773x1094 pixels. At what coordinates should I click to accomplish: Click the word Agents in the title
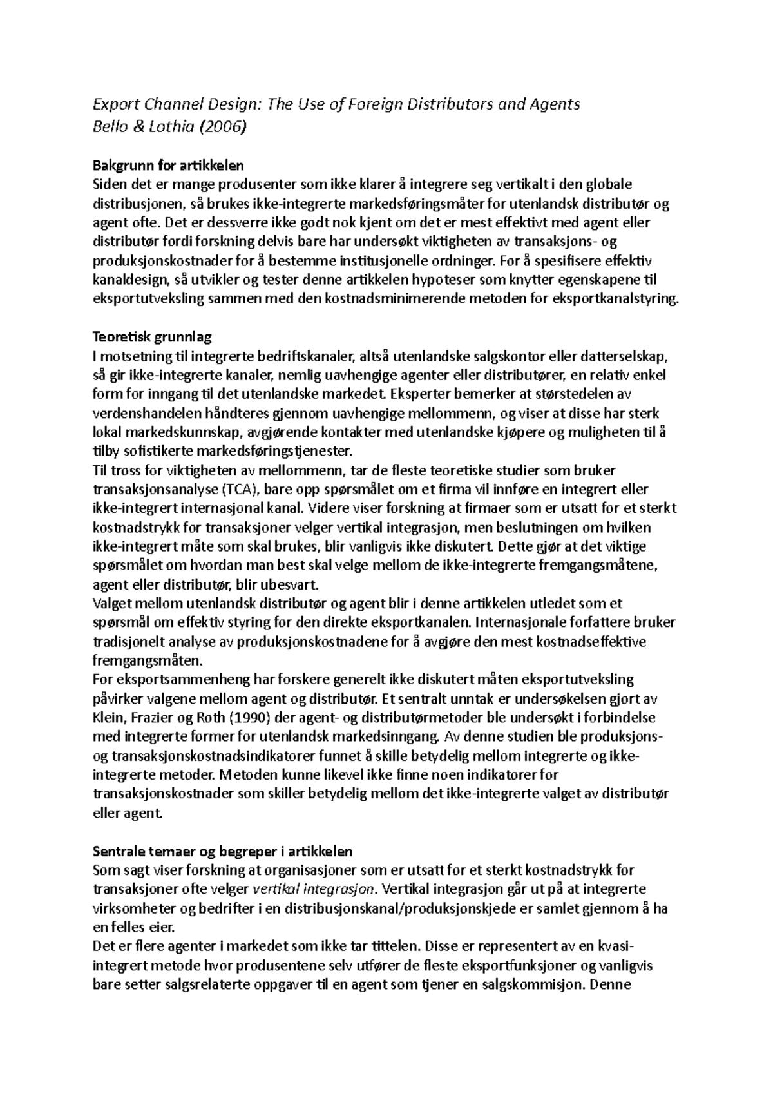[557, 104]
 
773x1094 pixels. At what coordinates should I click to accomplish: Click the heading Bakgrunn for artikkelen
[168, 166]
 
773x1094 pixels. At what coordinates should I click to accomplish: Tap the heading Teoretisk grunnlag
[152, 336]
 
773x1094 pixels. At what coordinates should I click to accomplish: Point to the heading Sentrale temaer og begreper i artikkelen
[222, 851]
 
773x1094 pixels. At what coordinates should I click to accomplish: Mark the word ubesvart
[297, 584]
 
